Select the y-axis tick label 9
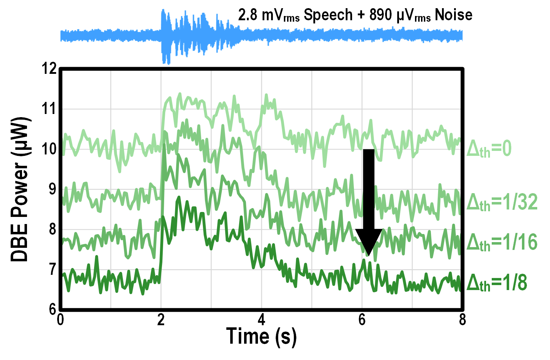pos(52,189)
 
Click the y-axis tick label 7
pos(52,269)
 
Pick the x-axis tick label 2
pos(161,320)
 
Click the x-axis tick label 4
pos(261,320)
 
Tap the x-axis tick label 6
pos(362,320)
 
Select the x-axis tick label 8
pos(462,320)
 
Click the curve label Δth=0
pos(489,148)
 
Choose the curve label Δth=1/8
pos(496,283)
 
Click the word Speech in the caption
pos(328,15)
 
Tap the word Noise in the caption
pos(453,15)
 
